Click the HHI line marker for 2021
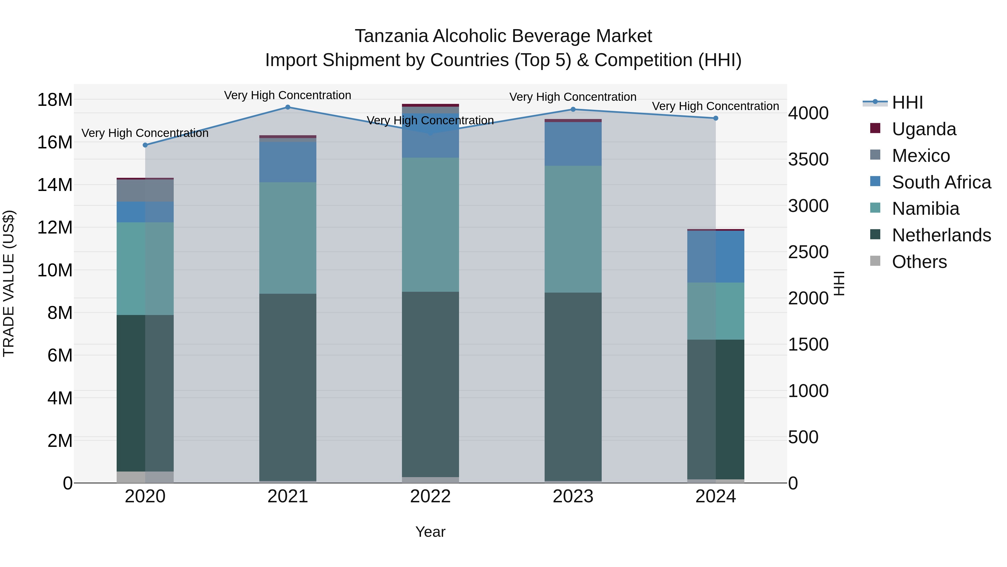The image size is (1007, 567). point(288,107)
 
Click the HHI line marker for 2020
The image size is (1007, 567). point(145,145)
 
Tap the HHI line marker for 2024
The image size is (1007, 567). point(716,118)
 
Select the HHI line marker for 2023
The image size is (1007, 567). point(573,109)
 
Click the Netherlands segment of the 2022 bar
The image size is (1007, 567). point(430,384)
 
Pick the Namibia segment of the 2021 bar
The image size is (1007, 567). point(288,238)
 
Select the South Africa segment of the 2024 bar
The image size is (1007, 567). point(716,257)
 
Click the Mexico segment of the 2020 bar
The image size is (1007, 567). point(145,191)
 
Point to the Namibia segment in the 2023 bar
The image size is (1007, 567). point(573,229)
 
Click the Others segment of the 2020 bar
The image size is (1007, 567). point(145,477)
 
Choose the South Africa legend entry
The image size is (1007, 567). point(941,182)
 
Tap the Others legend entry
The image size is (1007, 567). point(919,262)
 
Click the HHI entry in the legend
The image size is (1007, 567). point(907,102)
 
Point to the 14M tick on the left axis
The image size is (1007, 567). point(55,185)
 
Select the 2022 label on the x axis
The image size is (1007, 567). point(430,496)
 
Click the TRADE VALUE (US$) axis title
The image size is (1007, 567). point(9,283)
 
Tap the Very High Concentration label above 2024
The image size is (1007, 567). point(715,106)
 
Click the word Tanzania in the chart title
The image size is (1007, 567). point(391,36)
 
